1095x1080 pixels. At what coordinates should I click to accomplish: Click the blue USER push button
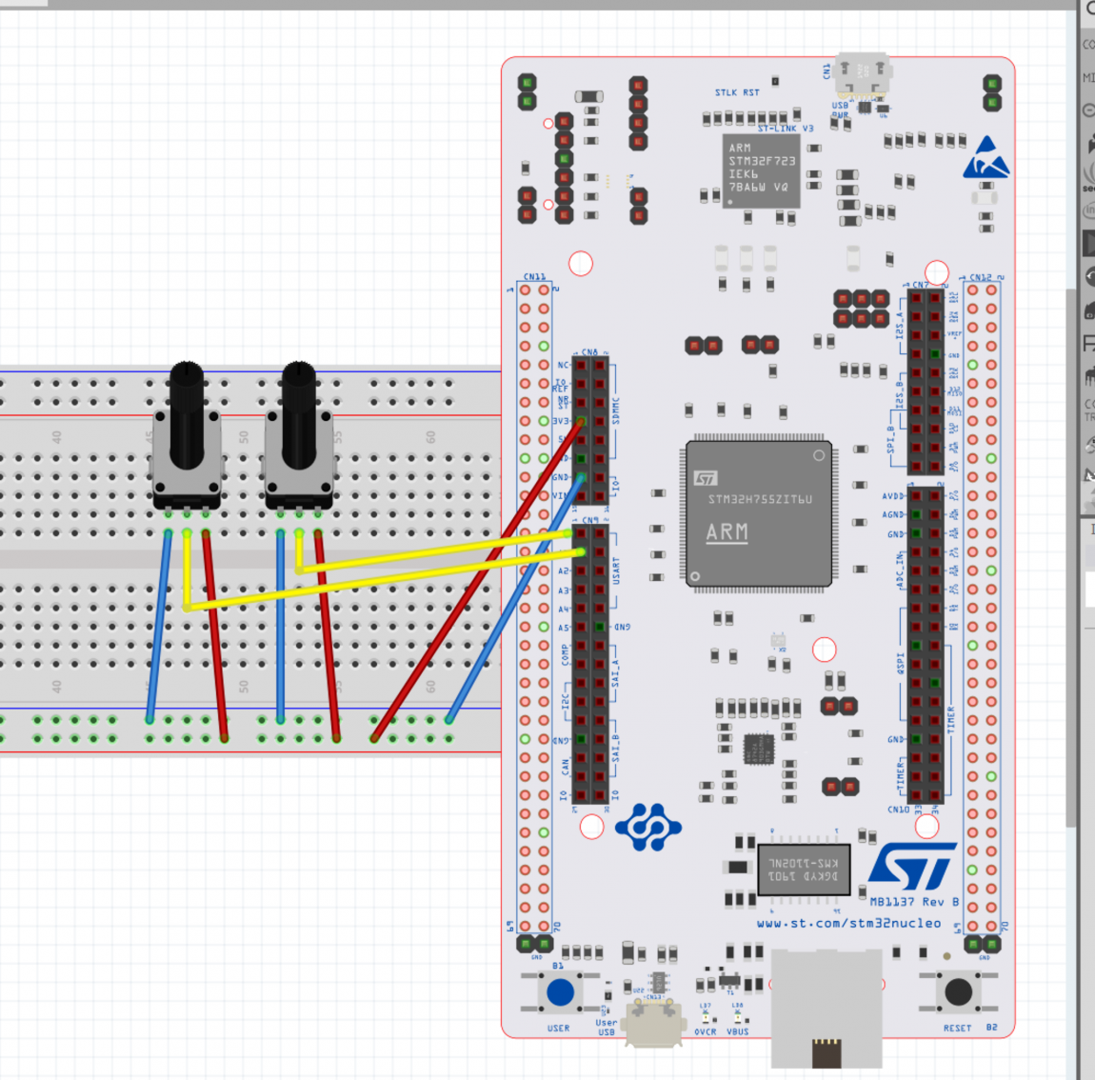pyautogui.click(x=560, y=992)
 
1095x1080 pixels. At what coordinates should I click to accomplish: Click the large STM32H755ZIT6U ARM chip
pyautogui.click(x=759, y=513)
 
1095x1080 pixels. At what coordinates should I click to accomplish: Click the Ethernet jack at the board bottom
pyautogui.click(x=826, y=1010)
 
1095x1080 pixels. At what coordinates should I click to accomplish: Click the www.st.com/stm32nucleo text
pyautogui.click(x=848, y=923)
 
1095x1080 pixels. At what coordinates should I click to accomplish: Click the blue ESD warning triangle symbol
pyautogui.click(x=985, y=159)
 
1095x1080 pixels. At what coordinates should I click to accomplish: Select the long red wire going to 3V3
pyautogui.click(x=476, y=581)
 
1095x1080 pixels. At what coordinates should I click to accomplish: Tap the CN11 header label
pyautogui.click(x=534, y=277)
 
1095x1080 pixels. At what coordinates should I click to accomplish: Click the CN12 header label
pyautogui.click(x=981, y=277)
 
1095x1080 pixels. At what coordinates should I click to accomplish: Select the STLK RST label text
pyautogui.click(x=737, y=92)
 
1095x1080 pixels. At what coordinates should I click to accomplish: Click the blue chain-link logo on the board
pyautogui.click(x=648, y=827)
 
